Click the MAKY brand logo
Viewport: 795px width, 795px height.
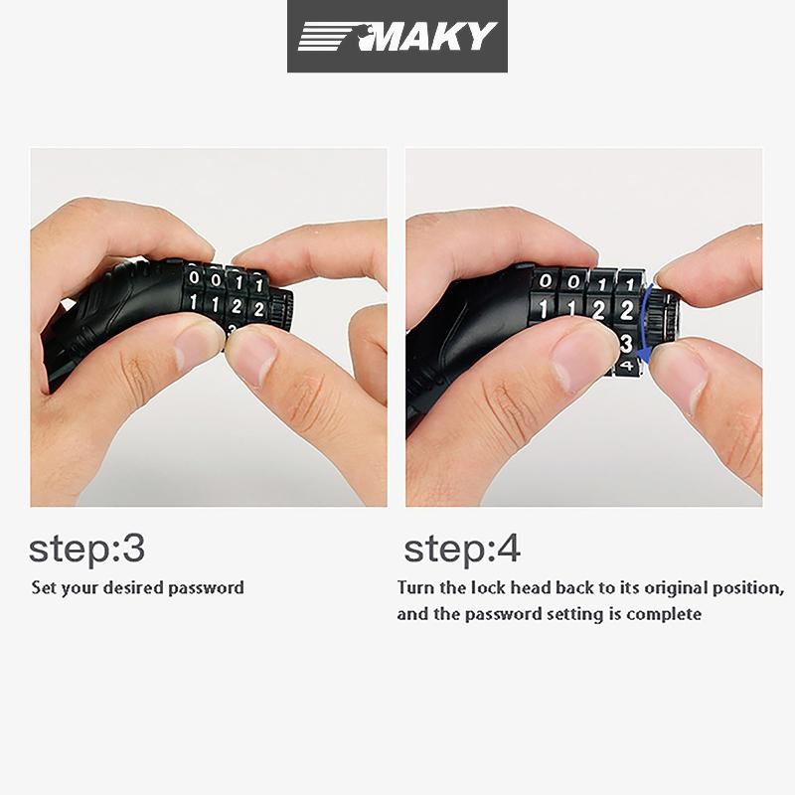coord(397,36)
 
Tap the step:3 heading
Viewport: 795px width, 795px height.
coord(86,550)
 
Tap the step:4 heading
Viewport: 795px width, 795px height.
coord(462,550)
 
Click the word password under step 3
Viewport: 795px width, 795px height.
coord(206,588)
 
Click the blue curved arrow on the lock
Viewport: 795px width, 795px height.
coord(642,323)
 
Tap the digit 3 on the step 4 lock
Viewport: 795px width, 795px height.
coord(627,343)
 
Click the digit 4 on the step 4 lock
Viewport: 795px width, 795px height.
coord(628,365)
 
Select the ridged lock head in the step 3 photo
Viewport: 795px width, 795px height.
coord(280,309)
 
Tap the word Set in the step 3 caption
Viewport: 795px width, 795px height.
coord(43,587)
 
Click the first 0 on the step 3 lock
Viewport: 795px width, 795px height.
coord(194,278)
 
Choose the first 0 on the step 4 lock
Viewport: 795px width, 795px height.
coord(546,280)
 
